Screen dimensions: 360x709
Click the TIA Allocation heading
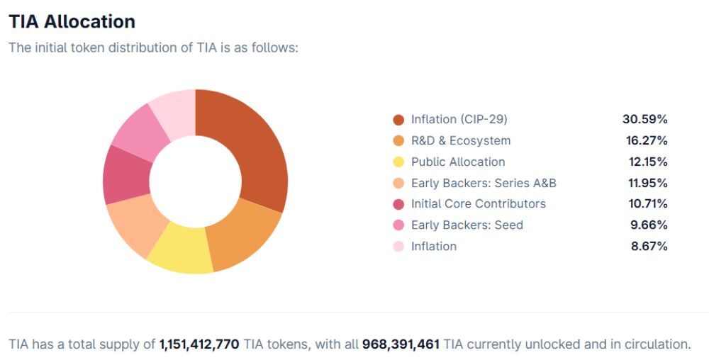pyautogui.click(x=72, y=22)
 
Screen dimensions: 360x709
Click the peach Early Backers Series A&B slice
pyautogui.click(x=135, y=225)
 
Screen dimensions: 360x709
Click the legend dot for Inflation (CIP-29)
pyautogui.click(x=398, y=120)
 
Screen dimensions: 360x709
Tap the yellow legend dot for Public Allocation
pyautogui.click(x=398, y=162)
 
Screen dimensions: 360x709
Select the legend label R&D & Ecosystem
pyautogui.click(x=460, y=140)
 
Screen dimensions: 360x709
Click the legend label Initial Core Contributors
pyautogui.click(x=478, y=203)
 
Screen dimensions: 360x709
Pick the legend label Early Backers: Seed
pyautogui.click(x=467, y=225)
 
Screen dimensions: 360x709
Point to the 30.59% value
pyautogui.click(x=644, y=119)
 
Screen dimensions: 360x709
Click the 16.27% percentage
pyautogui.click(x=644, y=140)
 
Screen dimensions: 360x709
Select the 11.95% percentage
pyautogui.click(x=646, y=183)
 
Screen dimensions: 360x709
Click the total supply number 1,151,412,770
pyautogui.click(x=199, y=344)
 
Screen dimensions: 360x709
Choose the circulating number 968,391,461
pyautogui.click(x=401, y=344)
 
